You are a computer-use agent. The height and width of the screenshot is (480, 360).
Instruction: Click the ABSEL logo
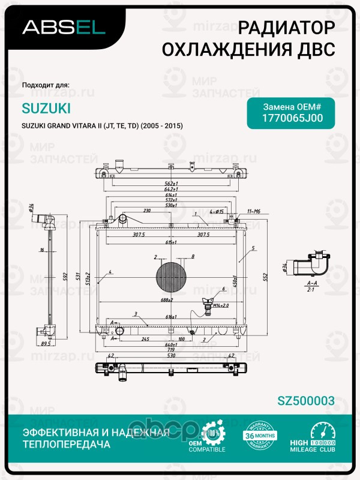(64, 26)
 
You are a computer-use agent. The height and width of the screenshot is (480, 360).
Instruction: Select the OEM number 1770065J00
(293, 118)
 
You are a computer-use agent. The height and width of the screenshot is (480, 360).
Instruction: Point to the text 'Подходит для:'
(46, 85)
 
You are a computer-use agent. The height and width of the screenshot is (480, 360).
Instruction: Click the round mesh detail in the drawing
(172, 277)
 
